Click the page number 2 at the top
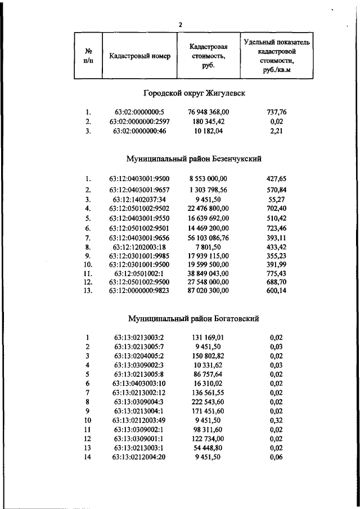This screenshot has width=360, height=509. [x=180, y=25]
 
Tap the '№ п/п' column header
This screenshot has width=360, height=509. [x=88, y=57]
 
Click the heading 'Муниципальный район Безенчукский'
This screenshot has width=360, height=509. [x=194, y=159]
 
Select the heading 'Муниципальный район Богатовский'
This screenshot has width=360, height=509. [x=193, y=318]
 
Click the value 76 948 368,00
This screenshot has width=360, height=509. [x=209, y=112]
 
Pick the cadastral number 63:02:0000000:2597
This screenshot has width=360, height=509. [x=139, y=121]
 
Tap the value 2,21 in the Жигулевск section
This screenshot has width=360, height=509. [x=276, y=131]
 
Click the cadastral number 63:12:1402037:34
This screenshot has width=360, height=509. [x=139, y=199]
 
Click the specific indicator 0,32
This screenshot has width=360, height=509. [x=276, y=420]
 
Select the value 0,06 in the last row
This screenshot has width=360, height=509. [x=276, y=457]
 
